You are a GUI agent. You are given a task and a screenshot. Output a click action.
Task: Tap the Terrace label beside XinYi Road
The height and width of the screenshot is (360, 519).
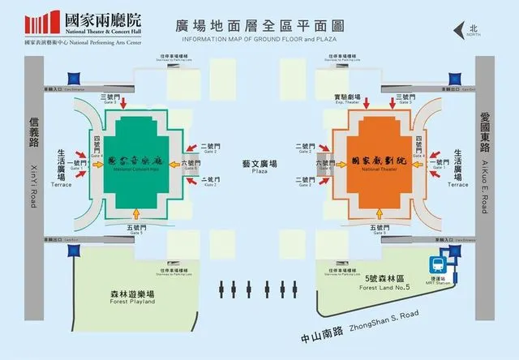(x=61, y=184)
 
